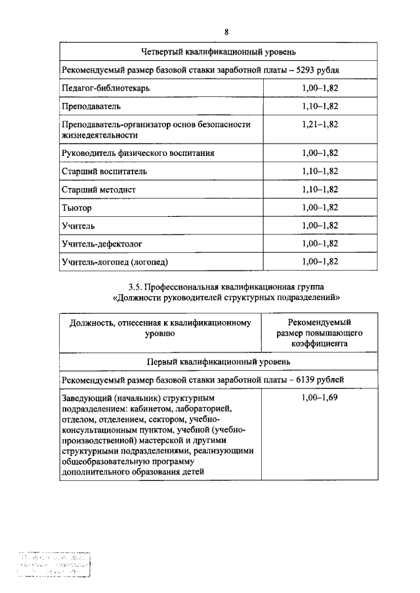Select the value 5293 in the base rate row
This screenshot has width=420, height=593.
(x=308, y=69)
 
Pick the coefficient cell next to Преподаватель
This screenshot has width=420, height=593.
(x=320, y=105)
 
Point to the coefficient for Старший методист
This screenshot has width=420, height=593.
(x=320, y=189)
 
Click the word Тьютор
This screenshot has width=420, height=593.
(x=77, y=208)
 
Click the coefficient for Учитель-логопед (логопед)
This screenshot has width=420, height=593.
(x=320, y=262)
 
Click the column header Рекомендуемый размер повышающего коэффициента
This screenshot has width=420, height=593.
(x=320, y=332)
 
